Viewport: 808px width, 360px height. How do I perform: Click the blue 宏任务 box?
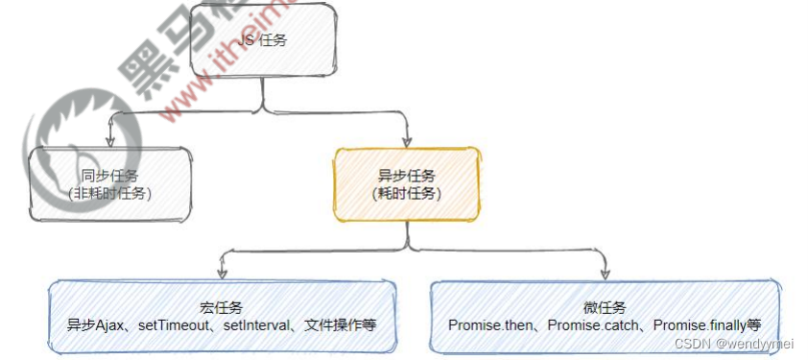(x=222, y=316)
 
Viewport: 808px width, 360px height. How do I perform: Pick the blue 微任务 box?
(x=605, y=316)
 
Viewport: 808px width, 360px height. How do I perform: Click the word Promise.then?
(x=491, y=325)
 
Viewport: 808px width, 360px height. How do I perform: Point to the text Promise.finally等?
(x=707, y=325)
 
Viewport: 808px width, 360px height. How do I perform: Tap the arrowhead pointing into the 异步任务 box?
(x=407, y=142)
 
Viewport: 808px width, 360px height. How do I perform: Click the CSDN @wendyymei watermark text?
(x=734, y=344)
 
